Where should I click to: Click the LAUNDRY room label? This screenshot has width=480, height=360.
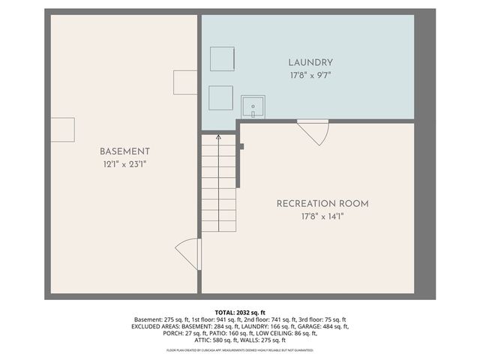coord(310,62)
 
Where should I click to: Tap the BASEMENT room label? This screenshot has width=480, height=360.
coord(125,151)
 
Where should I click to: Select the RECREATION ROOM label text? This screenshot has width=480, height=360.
coord(322,203)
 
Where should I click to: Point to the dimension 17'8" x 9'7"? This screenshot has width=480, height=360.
coord(310,74)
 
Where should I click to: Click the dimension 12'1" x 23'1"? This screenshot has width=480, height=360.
coord(125,163)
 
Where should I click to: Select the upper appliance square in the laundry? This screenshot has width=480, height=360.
coord(221,58)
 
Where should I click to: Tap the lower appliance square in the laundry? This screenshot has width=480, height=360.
coord(220,97)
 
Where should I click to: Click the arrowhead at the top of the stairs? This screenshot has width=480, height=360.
coord(218,137)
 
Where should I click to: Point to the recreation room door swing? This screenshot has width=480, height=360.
coord(314,133)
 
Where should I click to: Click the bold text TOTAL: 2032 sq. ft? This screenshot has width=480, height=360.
coord(240,312)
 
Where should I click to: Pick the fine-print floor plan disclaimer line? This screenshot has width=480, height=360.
coord(240,350)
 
